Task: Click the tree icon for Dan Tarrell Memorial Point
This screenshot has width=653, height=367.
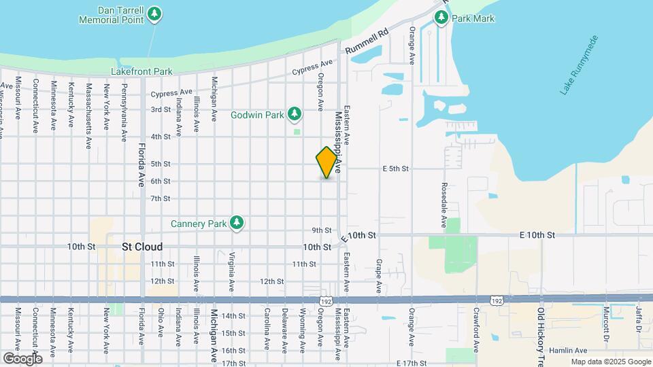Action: [x=155, y=13]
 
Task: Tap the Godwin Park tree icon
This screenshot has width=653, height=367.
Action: [x=295, y=113]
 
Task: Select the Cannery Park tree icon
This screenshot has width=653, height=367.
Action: [x=237, y=222]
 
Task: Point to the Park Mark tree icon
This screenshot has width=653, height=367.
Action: [x=441, y=18]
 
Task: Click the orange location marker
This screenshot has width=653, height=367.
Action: [x=327, y=162]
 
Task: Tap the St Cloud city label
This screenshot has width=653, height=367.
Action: [x=142, y=247]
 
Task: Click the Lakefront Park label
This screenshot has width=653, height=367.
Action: [x=142, y=71]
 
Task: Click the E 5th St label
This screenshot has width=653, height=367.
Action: [x=395, y=169]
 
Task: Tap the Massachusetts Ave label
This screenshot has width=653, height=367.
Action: [x=88, y=116]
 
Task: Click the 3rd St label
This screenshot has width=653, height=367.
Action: [x=161, y=109]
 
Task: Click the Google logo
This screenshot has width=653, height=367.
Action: [x=22, y=358]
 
